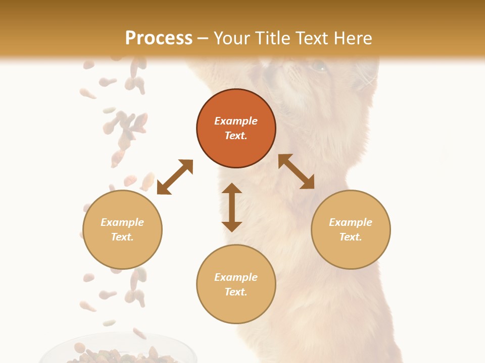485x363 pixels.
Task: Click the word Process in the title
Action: coord(159,38)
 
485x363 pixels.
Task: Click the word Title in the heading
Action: coord(272,38)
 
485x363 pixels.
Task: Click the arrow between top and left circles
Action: coord(175,177)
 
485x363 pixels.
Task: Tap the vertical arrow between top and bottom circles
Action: coord(232,207)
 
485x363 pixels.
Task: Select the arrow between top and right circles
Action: coord(297,171)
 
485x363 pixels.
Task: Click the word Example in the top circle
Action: coord(236,121)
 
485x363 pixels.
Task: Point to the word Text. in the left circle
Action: coord(122,237)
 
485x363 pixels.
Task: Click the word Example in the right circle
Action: coord(351,222)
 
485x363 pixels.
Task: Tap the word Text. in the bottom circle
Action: coord(236,292)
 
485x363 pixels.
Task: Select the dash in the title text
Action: coord(203,38)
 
